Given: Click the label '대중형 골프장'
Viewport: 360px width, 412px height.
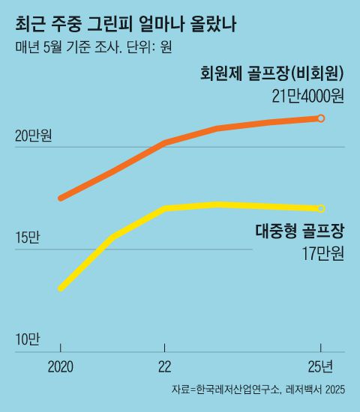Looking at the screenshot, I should pos(295,231).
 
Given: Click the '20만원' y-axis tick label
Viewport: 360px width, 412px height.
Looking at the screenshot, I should pos(34,136).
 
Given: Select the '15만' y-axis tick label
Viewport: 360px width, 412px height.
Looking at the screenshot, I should pos(26,238).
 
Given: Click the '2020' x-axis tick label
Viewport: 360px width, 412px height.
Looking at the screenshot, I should pos(61,367).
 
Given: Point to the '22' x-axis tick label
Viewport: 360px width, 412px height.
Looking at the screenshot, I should pos(165,367).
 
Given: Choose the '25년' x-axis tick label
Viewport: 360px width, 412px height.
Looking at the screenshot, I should pos(325,367).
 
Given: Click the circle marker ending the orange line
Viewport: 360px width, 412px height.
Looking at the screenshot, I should pos(322,118).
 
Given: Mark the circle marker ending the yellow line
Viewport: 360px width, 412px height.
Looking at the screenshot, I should pos(322,208).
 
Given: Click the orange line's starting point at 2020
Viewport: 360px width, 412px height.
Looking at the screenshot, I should pos(61,199).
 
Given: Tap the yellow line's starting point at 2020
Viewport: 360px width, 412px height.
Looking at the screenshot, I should pos(61,288).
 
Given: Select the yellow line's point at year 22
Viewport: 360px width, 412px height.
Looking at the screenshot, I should pos(165,207).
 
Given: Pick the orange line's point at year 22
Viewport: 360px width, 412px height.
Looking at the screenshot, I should pos(165,142).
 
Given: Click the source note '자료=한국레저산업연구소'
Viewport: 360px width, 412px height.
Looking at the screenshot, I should pos(226,390).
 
